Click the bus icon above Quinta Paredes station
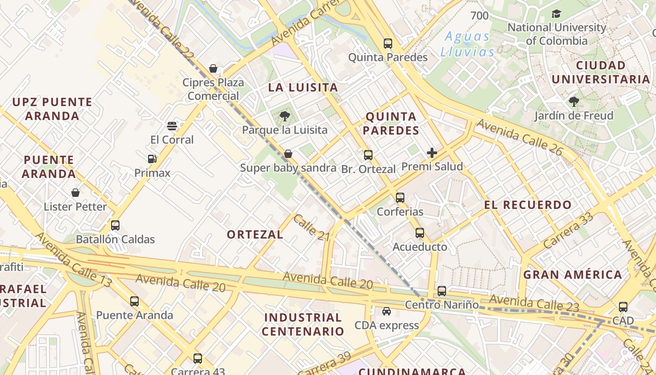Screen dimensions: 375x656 tap(388, 44)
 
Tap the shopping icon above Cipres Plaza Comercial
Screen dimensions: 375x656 tap(213, 68)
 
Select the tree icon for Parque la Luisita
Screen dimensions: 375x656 tap(284, 116)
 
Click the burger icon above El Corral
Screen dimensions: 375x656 tap(172, 126)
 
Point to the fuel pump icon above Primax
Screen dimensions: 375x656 tap(152, 159)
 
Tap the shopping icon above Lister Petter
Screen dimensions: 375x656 tap(75, 193)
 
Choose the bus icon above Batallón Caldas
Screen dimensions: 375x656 tap(115, 225)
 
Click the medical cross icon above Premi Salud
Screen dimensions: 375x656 tap(432, 152)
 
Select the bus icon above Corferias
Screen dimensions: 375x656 tap(400, 198)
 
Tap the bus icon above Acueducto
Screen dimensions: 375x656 tap(420, 233)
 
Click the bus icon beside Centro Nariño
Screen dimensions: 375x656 tap(442, 291)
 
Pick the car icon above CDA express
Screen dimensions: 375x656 tap(387, 311)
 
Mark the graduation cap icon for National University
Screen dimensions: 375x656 tap(556, 14)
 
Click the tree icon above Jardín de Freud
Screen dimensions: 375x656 tap(574, 101)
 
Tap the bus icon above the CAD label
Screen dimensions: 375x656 tap(623, 307)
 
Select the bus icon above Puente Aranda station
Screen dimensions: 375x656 tap(134, 301)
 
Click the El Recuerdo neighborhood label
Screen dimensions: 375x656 tap(528, 205)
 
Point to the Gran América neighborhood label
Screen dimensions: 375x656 tap(573, 275)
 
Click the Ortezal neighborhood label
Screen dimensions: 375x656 tap(255, 234)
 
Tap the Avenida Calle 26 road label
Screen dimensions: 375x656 tap(519, 136)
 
